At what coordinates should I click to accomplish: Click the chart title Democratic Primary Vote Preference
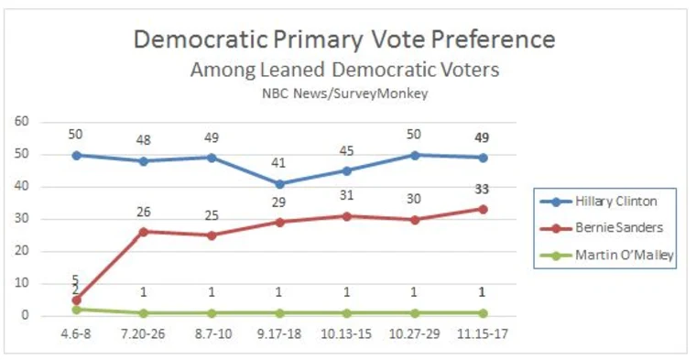[343, 40]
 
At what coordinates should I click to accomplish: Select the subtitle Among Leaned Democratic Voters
[343, 71]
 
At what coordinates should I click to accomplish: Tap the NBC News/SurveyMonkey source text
[343, 93]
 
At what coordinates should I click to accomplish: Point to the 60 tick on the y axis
[22, 122]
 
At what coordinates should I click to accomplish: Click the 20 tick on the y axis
[22, 251]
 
